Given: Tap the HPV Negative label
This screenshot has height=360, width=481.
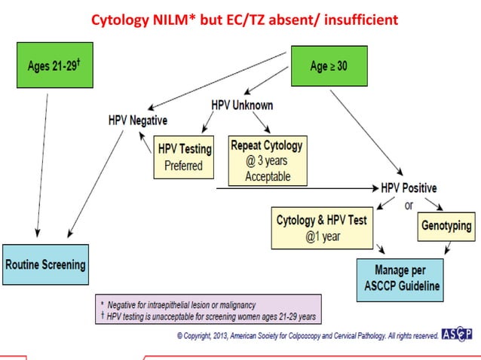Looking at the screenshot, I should pyautogui.click(x=138, y=121).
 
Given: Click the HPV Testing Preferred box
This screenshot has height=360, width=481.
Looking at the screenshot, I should pyautogui.click(x=183, y=157).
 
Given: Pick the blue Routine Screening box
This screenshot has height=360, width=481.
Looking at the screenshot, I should pyautogui.click(x=45, y=264).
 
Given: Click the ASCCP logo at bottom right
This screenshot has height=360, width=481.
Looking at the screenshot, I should pyautogui.click(x=457, y=334).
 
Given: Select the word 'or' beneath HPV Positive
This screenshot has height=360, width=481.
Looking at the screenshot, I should pyautogui.click(x=409, y=204).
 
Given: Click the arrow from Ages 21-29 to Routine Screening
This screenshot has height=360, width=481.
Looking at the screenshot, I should pyautogui.click(x=42, y=166).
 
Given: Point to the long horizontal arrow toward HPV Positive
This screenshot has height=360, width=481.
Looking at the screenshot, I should pyautogui.click(x=294, y=187).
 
